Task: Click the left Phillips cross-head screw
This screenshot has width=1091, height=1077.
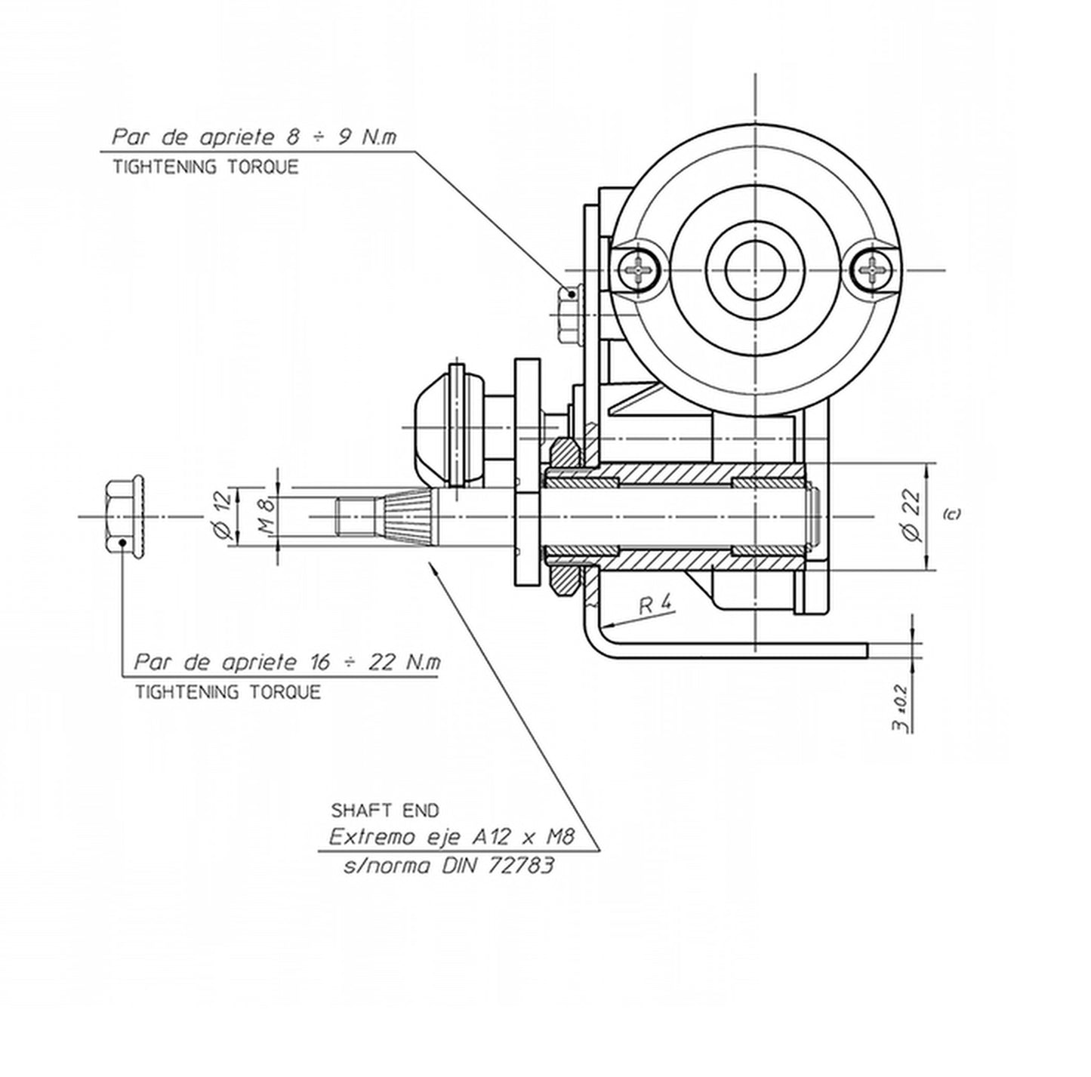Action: (x=639, y=269)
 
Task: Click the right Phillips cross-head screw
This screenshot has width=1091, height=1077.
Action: (x=873, y=269)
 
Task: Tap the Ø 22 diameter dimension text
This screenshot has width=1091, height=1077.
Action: (x=913, y=515)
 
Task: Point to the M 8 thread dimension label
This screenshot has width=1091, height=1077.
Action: (x=265, y=516)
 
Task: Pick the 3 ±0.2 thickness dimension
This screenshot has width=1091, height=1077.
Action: (x=900, y=706)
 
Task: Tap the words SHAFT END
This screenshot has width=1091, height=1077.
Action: (x=385, y=811)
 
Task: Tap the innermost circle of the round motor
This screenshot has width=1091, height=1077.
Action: (x=755, y=269)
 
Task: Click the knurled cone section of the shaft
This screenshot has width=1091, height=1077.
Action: (x=408, y=517)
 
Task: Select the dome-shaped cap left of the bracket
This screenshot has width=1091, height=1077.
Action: (x=434, y=426)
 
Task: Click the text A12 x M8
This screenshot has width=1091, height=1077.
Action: (x=523, y=837)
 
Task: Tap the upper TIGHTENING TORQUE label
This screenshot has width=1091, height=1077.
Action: (x=205, y=167)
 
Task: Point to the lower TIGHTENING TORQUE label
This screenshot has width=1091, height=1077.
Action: (x=227, y=691)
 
